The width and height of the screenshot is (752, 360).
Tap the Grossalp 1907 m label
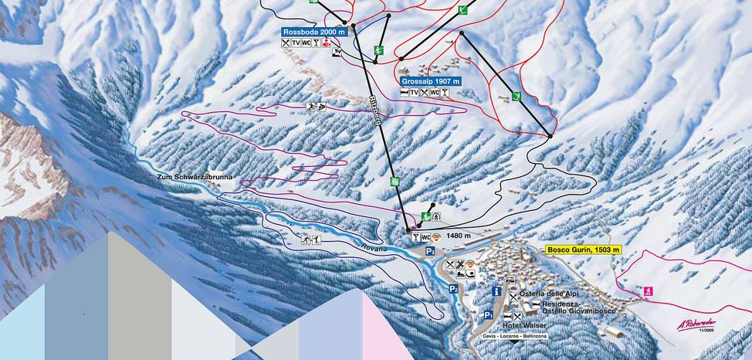(430, 80)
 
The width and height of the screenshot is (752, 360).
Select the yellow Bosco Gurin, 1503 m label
(583, 250)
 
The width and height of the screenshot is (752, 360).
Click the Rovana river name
(374, 247)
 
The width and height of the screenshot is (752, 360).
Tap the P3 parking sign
(429, 251)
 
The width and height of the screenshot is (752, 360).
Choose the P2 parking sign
(455, 289)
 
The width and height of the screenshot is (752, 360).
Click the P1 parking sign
(488, 315)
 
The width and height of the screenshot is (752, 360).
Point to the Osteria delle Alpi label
(547, 294)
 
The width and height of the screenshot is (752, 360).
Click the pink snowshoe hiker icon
(647, 291)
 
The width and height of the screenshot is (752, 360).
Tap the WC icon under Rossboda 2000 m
(307, 43)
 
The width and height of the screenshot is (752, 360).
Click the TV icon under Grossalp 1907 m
(415, 93)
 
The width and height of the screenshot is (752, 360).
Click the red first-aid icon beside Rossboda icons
(327, 44)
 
